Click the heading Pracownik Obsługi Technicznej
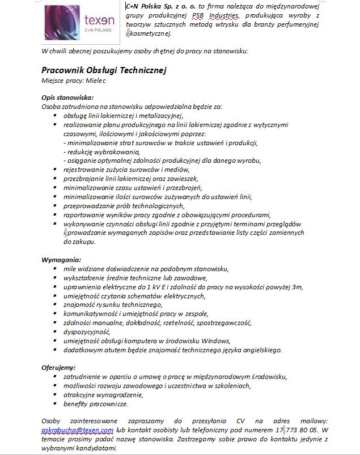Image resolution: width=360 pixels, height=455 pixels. click(x=104, y=70)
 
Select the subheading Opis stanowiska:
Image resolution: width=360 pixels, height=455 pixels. click(x=67, y=97)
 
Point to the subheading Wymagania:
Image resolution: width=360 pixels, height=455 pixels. click(x=59, y=259)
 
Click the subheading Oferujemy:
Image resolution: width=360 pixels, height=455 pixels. click(x=59, y=367)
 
